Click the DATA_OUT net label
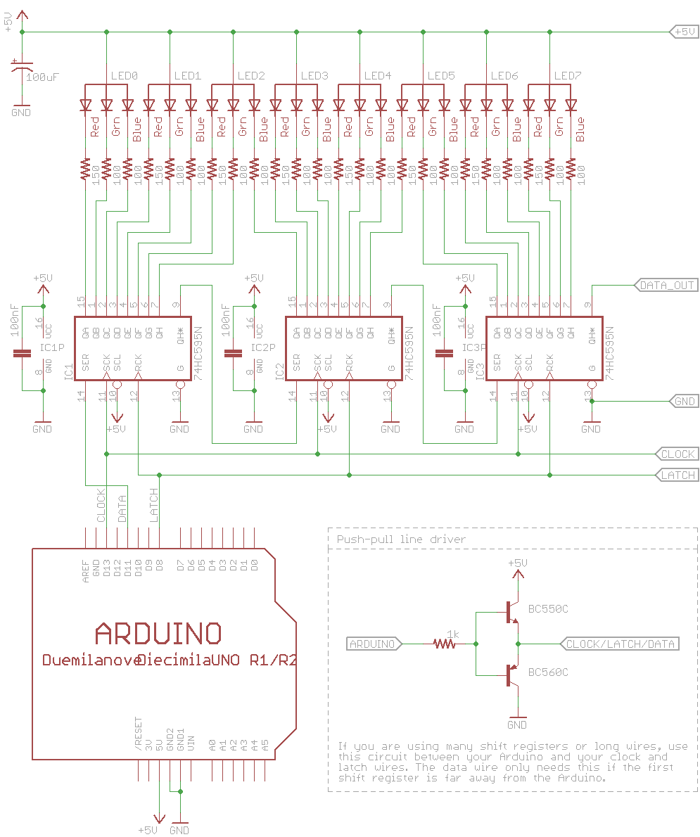click(666, 285)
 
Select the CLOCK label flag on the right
click(677, 454)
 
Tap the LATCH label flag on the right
click(677, 475)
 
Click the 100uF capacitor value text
click(42, 77)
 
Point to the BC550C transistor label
click(548, 609)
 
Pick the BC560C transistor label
click(548, 672)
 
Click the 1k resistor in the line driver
click(445, 642)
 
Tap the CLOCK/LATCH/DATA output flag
click(620, 644)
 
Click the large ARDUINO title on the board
click(158, 633)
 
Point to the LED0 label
click(125, 75)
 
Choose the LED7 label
click(568, 75)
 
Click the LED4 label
click(378, 75)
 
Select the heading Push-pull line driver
click(401, 539)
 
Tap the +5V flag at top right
click(683, 32)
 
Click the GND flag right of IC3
click(683, 401)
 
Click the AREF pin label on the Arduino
click(86, 569)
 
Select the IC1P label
click(53, 347)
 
